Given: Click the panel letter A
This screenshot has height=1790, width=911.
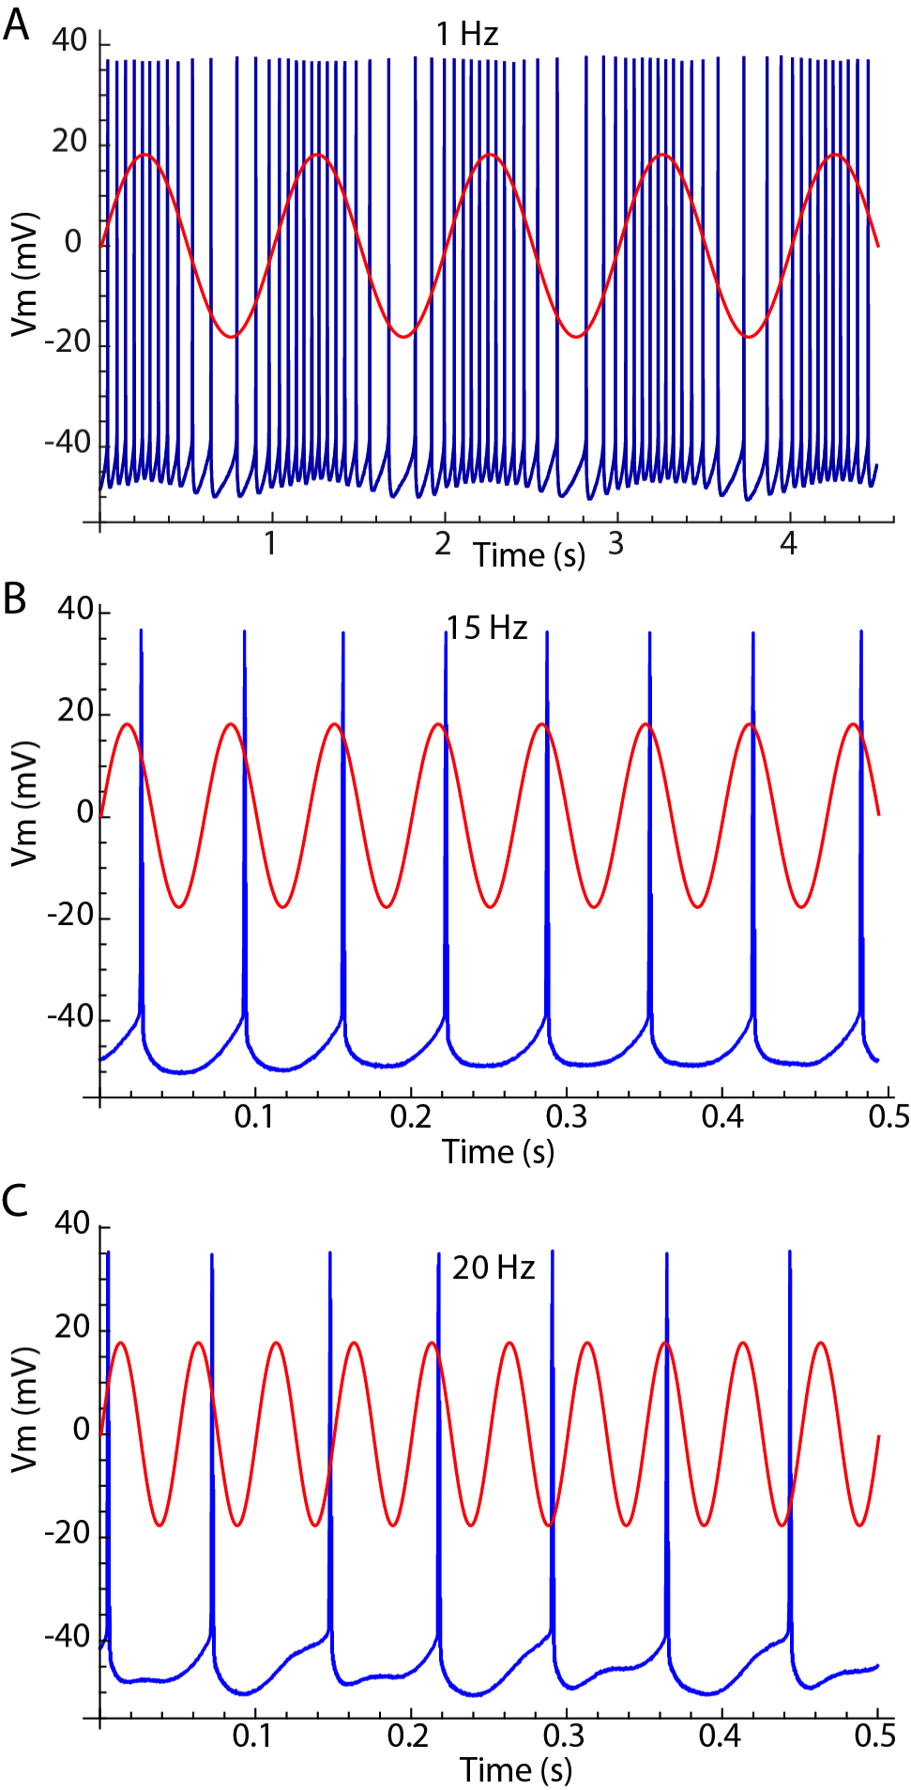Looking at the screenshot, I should [15, 24].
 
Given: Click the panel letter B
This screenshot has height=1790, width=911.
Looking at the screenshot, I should [15, 599].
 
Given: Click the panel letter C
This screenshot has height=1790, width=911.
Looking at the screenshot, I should [16, 1201].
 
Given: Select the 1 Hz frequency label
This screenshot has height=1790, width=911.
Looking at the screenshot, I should [467, 35].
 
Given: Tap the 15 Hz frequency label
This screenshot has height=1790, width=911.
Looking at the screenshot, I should [486, 628].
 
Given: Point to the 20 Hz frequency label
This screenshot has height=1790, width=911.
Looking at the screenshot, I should [493, 1268].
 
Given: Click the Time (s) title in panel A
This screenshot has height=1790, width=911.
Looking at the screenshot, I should [529, 554].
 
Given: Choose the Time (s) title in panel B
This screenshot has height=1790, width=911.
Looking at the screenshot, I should [498, 1151].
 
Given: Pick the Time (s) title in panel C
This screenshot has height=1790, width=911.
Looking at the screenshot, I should [515, 1769].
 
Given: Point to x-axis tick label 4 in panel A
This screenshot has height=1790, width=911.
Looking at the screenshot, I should [789, 543].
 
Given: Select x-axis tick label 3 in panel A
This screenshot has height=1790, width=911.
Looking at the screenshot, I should [615, 543].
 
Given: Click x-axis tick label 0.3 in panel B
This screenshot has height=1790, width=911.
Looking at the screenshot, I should [566, 1116].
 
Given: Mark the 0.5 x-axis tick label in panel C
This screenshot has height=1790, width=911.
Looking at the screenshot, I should [874, 1736].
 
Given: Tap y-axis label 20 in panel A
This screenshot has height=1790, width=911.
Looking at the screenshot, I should [69, 142].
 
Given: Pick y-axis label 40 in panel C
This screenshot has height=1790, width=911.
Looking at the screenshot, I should [72, 1223].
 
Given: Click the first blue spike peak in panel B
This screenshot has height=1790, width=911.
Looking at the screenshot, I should [141, 630].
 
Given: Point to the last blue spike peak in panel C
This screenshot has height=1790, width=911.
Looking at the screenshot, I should [790, 1252].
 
